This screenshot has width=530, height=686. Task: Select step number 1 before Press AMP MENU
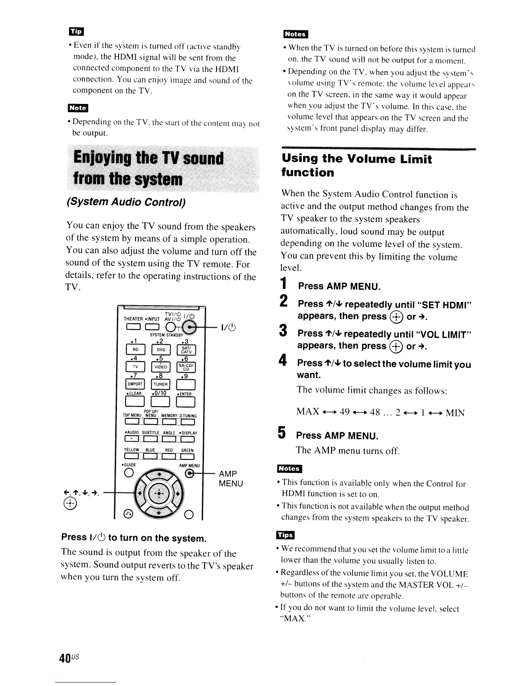tap(284, 285)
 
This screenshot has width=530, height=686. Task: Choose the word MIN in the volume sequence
tap(455, 413)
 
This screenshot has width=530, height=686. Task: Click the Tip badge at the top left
tap(76, 32)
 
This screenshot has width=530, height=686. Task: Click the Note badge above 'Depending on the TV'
tap(78, 108)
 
